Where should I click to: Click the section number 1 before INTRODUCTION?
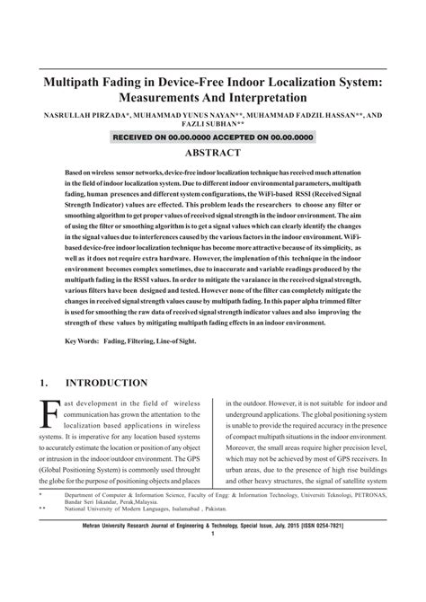pyautogui.click(x=42, y=383)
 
